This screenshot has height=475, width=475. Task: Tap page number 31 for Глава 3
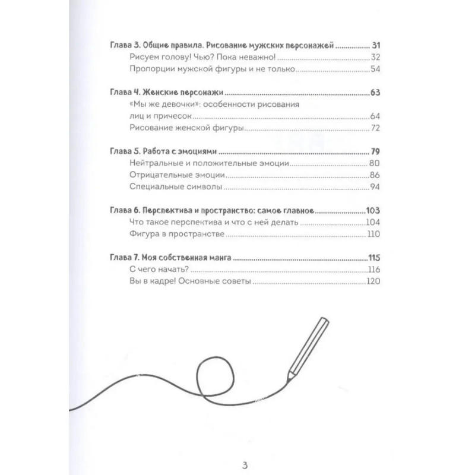(x=374, y=45)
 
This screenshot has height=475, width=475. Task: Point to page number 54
(x=374, y=70)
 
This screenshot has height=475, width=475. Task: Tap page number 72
(x=374, y=128)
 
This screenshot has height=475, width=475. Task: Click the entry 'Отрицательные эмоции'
(x=178, y=175)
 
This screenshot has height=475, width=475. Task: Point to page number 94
(x=374, y=187)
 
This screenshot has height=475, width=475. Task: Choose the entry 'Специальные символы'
(x=176, y=187)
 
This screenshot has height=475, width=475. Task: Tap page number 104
(x=372, y=223)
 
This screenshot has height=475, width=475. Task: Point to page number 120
(x=372, y=282)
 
